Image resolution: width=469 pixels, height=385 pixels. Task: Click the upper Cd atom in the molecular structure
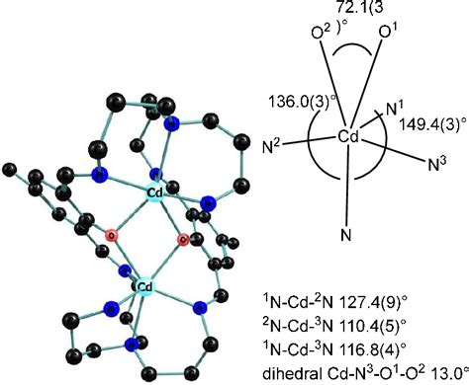pos(155,191)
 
